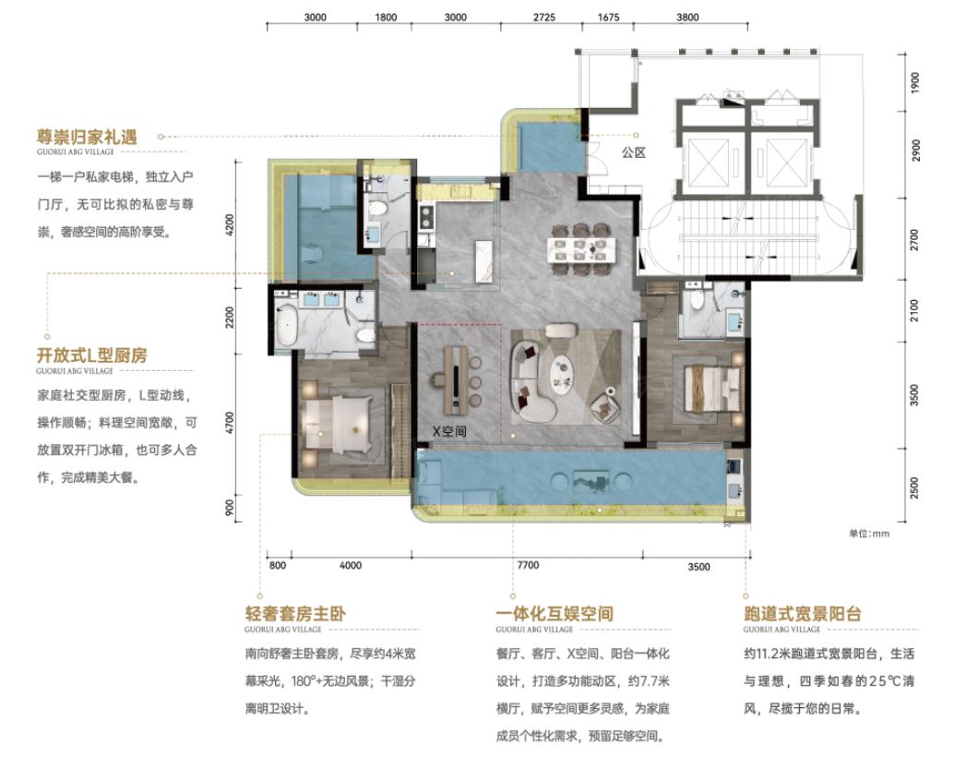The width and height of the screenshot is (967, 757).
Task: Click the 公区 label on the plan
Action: [x=633, y=151]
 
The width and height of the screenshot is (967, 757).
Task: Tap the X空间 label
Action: [x=449, y=431]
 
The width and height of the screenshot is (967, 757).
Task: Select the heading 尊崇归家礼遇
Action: [x=87, y=137]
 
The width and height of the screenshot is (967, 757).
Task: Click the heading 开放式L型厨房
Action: [x=92, y=355]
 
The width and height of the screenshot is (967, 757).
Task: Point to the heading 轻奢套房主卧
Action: [x=295, y=613]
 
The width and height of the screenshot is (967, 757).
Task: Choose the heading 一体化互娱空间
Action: [x=555, y=613]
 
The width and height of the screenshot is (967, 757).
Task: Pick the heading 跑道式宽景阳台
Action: [x=802, y=613]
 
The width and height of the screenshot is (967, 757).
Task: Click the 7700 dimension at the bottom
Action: [x=528, y=565]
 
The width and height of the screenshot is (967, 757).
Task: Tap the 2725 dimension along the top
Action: [x=544, y=18]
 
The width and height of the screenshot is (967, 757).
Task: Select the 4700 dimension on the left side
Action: [x=230, y=423]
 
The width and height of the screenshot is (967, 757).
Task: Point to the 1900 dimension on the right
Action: [x=914, y=83]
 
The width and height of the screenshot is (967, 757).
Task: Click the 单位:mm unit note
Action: [x=869, y=534]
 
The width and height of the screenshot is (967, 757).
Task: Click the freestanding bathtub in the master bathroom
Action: [x=287, y=325]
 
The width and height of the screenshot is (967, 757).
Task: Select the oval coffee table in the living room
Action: [x=563, y=374]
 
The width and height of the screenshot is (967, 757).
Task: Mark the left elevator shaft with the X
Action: [x=708, y=162]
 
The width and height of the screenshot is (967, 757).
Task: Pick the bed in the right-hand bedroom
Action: [x=711, y=389]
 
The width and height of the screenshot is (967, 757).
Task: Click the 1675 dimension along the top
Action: [x=608, y=18]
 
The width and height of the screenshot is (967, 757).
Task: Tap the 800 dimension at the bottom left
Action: [x=278, y=565]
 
